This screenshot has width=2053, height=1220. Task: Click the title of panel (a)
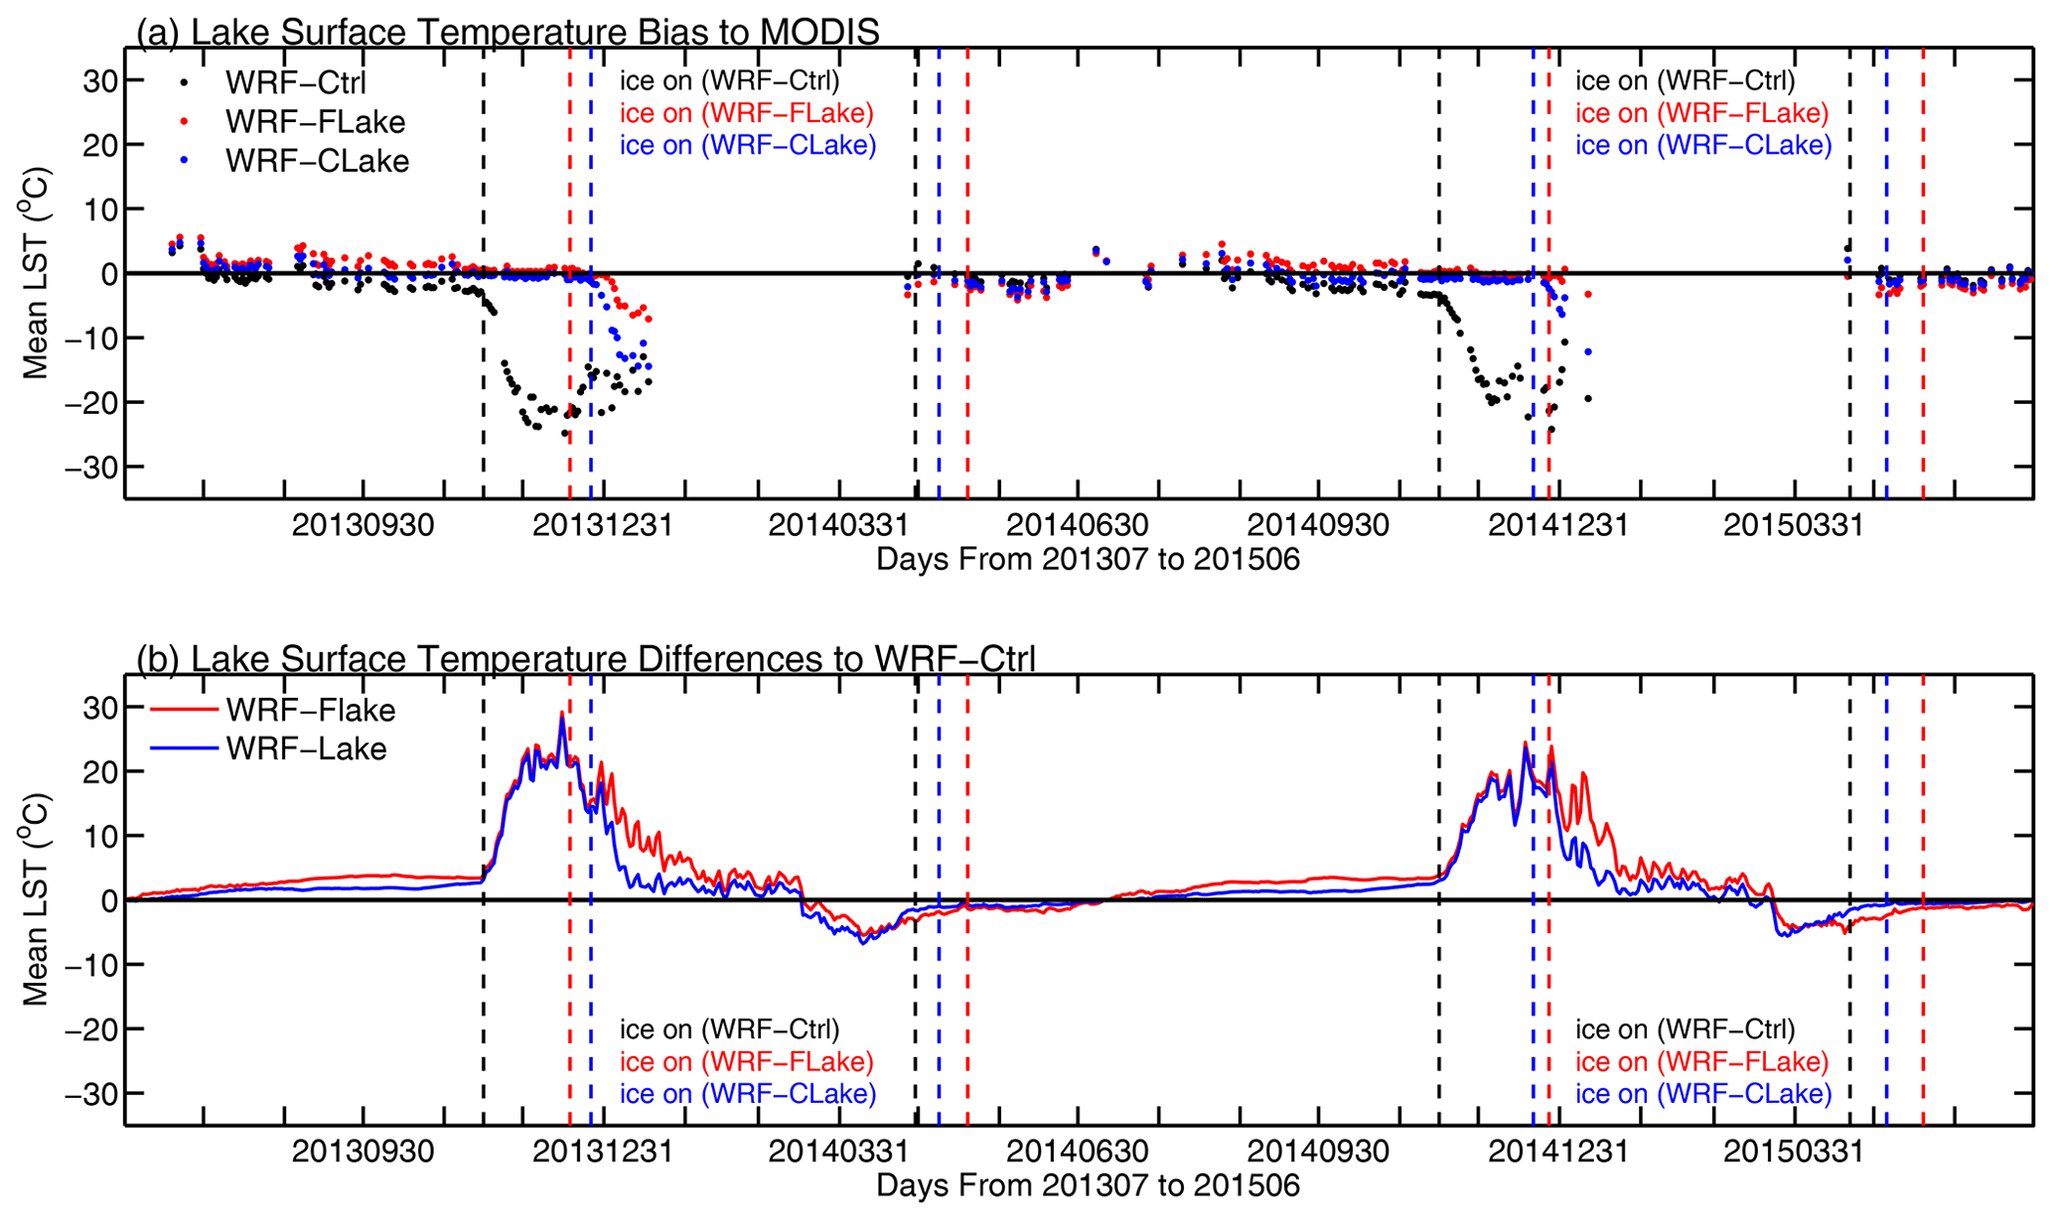(508, 32)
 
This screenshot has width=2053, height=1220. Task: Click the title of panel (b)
(586, 658)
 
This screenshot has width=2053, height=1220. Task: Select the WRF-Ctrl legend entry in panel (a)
(296, 82)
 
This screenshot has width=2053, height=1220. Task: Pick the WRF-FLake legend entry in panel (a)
(315, 122)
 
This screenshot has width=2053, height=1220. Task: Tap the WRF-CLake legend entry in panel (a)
(317, 161)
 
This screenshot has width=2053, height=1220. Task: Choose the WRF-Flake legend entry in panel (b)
(310, 710)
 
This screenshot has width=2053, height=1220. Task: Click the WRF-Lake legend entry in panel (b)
(306, 748)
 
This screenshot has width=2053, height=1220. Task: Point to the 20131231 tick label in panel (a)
(602, 524)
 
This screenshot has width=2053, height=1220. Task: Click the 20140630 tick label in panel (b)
(1078, 1152)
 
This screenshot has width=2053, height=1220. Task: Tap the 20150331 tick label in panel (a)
(1793, 524)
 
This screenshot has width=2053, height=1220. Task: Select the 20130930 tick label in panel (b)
(363, 1152)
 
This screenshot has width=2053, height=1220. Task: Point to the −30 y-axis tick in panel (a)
(90, 467)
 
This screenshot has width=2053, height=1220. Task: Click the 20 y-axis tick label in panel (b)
(99, 771)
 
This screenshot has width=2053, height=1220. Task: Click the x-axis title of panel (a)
(1088, 560)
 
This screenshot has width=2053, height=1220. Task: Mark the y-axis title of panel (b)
(36, 898)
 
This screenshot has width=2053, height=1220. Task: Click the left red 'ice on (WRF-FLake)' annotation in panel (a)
(746, 113)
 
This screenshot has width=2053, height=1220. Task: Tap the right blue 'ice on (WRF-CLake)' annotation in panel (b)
(1702, 1094)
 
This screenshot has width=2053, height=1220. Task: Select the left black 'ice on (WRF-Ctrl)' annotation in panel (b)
(729, 1029)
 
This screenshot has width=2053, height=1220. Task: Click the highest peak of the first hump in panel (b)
(561, 713)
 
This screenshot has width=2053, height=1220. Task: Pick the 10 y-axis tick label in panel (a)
(99, 209)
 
